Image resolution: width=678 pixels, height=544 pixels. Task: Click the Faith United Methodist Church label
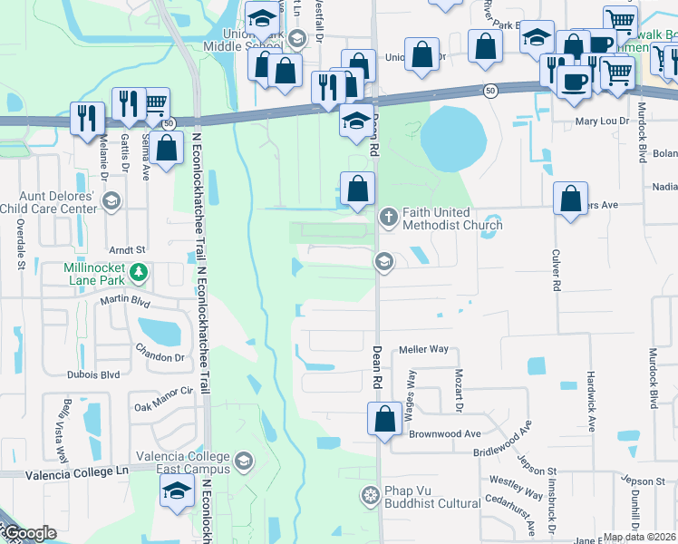(439, 219)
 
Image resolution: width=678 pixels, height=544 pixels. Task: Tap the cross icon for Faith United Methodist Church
(388, 217)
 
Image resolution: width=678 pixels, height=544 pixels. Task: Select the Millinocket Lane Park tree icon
(138, 271)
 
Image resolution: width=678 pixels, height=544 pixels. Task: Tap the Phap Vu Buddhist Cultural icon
(370, 495)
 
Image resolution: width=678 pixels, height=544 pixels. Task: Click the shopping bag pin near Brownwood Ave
(384, 420)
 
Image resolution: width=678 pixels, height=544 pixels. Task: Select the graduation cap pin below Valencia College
(176, 492)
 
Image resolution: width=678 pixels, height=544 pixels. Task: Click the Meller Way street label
(424, 349)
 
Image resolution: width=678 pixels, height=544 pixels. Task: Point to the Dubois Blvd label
(92, 374)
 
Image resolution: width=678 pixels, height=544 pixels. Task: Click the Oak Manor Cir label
(164, 391)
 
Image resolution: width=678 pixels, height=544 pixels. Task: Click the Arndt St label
(127, 249)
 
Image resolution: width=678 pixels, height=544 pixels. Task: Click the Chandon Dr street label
(160, 356)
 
